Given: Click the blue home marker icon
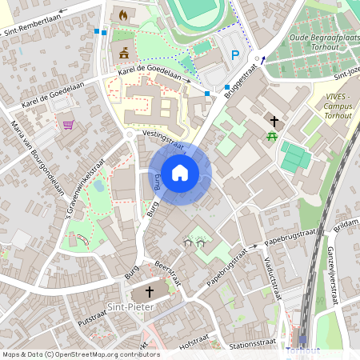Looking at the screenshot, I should [x=180, y=173].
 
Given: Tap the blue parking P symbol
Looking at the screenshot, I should [x=235, y=55].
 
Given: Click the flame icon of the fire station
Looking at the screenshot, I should [x=123, y=15].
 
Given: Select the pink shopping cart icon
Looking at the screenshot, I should [x=68, y=125].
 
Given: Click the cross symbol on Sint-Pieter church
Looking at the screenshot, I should [x=150, y=291].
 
